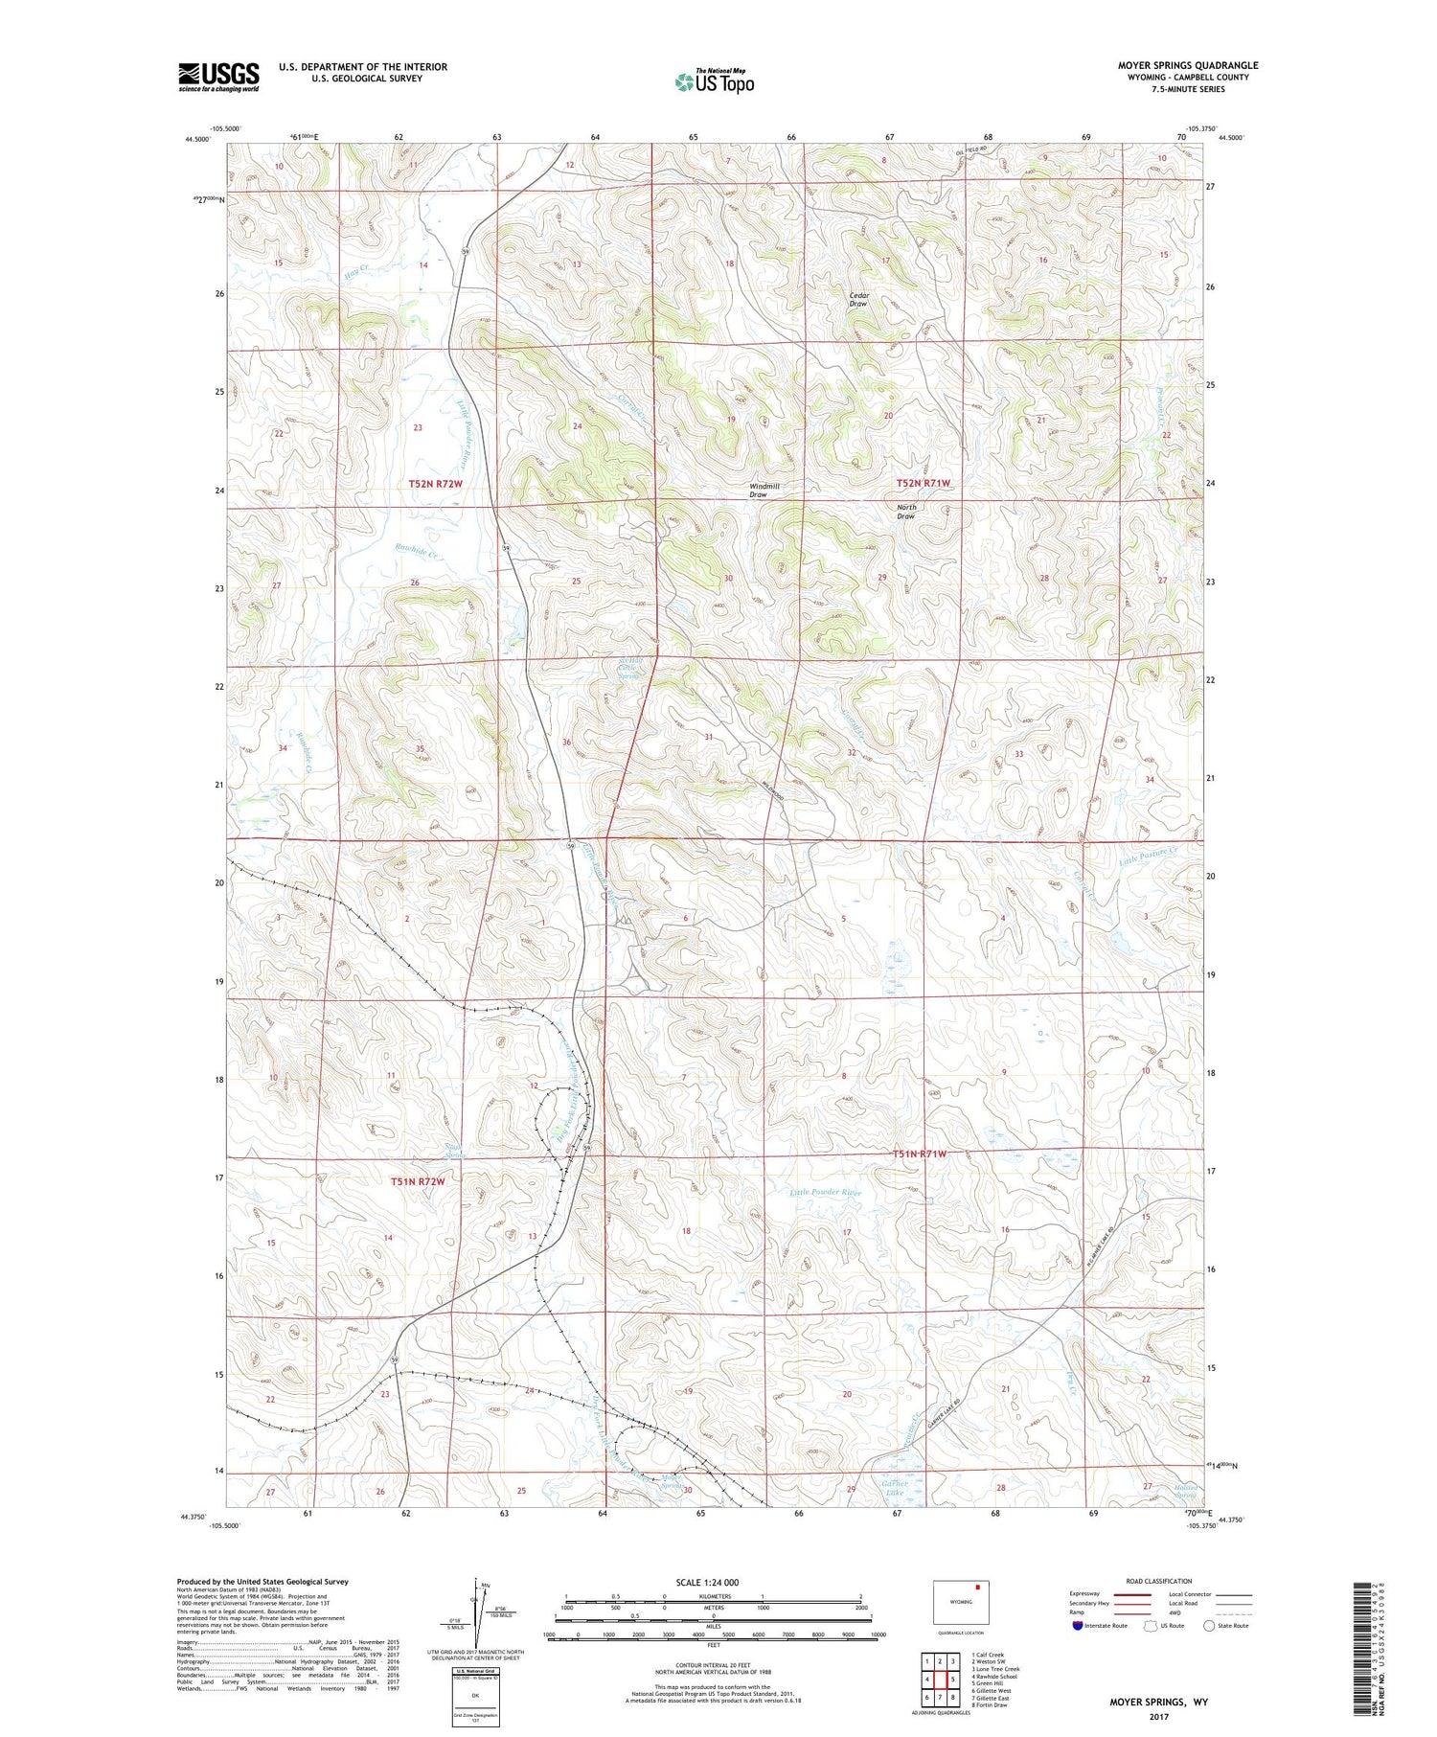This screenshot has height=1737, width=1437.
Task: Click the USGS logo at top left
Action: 218,77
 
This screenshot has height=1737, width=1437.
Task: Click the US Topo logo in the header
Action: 714,82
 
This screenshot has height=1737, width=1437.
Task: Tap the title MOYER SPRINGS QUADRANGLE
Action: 1187,65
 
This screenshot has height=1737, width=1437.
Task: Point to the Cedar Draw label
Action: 859,300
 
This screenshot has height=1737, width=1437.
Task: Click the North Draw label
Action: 905,512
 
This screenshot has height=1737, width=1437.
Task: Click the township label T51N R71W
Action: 920,1154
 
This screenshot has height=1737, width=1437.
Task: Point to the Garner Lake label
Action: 894,1488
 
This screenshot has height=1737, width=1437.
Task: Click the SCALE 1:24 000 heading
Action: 713,1582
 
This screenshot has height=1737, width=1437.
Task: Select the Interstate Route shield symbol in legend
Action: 1077,1626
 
